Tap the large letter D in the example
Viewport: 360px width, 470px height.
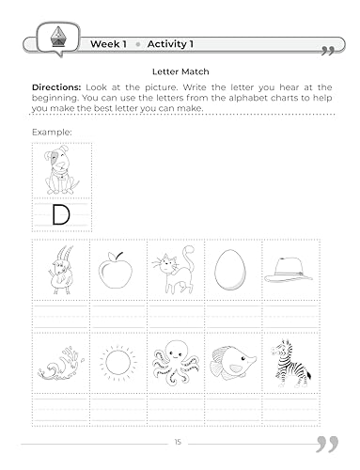[x=61, y=215]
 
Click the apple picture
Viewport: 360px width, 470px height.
[x=117, y=271]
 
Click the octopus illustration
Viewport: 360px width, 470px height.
[x=176, y=362]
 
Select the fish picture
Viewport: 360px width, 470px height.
[x=233, y=362]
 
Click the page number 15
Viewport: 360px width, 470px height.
[x=179, y=442]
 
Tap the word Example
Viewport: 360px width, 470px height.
[x=50, y=131]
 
